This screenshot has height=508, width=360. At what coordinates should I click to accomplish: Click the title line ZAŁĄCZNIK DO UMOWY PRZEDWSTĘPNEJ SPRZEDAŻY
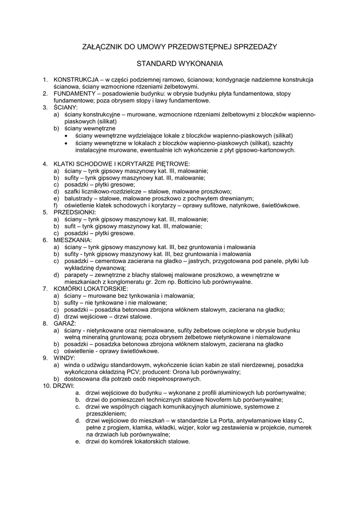coord(180,47)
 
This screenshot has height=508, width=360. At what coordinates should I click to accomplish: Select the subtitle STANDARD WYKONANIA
coord(180,64)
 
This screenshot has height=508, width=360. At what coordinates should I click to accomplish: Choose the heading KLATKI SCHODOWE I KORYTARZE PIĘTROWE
coord(122,164)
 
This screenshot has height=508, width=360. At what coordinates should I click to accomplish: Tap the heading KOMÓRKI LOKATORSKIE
coord(91,288)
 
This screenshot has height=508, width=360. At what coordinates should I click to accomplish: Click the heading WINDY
coord(65,358)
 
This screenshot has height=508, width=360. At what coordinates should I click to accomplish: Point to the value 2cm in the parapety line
coord(165,282)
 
